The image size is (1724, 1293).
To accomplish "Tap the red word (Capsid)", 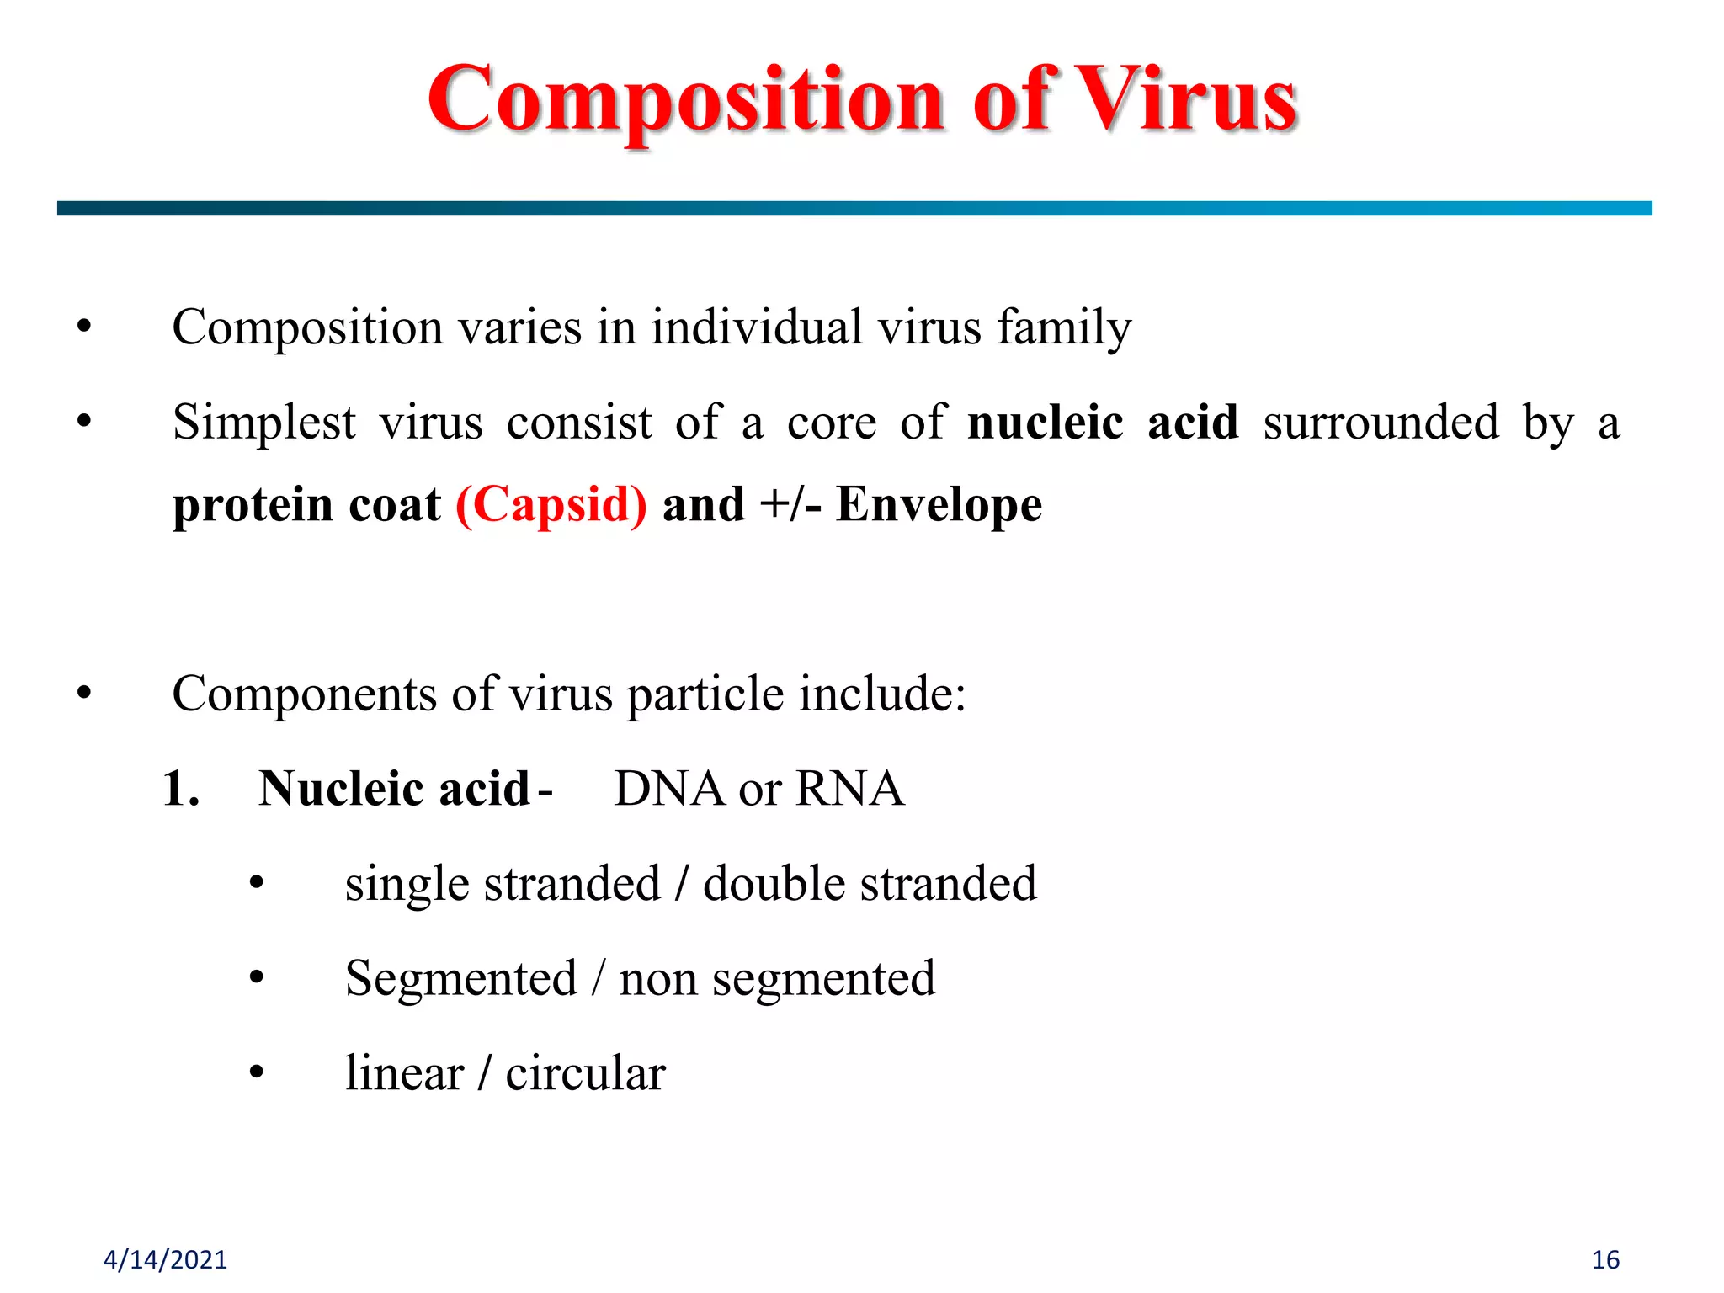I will (x=551, y=505).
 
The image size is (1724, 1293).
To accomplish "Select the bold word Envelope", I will (x=939, y=505).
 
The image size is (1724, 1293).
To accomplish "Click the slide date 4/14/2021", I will (x=165, y=1259).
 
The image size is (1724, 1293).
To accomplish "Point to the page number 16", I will (x=1605, y=1259).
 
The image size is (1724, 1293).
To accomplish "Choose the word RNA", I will (x=849, y=789).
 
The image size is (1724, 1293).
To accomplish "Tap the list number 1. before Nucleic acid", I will (x=181, y=789).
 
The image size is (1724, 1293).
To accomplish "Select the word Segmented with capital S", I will (x=460, y=978).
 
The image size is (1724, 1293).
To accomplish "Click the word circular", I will (x=585, y=1073).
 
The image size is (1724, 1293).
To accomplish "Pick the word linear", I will (x=404, y=1073).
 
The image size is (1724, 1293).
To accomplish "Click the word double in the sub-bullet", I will (x=774, y=884).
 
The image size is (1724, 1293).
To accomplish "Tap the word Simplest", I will (x=264, y=423).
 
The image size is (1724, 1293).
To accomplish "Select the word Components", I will (x=304, y=694).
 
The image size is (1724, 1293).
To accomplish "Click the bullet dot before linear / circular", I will (x=257, y=1073).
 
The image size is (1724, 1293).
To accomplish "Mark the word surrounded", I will (x=1381, y=423).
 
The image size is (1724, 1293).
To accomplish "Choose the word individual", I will (x=756, y=327).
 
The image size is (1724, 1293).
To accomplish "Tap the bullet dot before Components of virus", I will (x=83, y=694).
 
